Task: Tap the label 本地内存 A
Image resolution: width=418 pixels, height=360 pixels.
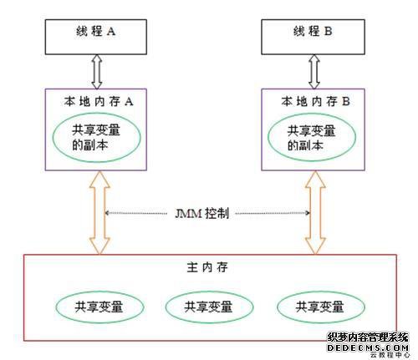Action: (x=99, y=101)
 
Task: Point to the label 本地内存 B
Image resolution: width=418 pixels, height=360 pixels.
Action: (x=315, y=101)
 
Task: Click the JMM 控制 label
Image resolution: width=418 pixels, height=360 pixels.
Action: (x=202, y=214)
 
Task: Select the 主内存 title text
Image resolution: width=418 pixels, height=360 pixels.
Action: (x=207, y=267)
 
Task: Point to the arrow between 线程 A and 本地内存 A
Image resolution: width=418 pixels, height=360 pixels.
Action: (x=97, y=72)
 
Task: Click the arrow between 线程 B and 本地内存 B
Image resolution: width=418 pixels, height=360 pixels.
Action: (x=314, y=72)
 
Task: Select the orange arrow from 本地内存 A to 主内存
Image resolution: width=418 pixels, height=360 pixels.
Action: (x=99, y=213)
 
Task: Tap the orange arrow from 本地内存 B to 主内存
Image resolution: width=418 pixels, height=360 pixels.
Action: (x=315, y=213)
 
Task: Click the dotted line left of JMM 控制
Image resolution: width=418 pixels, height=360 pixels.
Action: (x=135, y=213)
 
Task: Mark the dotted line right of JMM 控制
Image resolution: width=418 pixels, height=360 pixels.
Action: (x=273, y=213)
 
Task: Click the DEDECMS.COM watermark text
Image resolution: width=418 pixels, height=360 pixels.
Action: (x=368, y=347)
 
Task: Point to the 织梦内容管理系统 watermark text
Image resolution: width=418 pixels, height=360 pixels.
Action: (x=368, y=337)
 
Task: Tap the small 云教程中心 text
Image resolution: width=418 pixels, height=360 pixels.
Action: (x=390, y=355)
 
